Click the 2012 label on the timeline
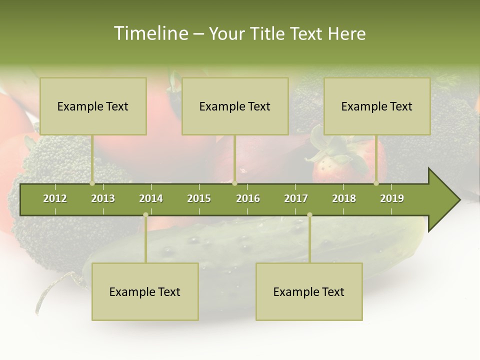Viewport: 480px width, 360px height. point(55,198)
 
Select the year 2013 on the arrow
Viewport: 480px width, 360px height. point(103,198)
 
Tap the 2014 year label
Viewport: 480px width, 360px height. point(151,198)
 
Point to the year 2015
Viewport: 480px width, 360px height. point(199,198)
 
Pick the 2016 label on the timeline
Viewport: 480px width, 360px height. point(248,198)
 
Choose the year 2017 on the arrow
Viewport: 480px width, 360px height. point(296,198)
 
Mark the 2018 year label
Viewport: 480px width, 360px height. point(344,198)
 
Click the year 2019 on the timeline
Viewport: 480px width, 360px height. point(392,198)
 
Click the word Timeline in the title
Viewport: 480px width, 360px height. point(150,33)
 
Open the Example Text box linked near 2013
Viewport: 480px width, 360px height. point(93,106)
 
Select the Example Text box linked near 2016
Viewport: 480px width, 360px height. point(235,106)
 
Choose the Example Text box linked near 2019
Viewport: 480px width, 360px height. point(377,106)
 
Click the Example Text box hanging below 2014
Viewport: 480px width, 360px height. point(145,292)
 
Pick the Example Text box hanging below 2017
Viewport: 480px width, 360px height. point(309,292)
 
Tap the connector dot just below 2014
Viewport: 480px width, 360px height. point(145,214)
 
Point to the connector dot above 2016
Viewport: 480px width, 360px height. point(234,183)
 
